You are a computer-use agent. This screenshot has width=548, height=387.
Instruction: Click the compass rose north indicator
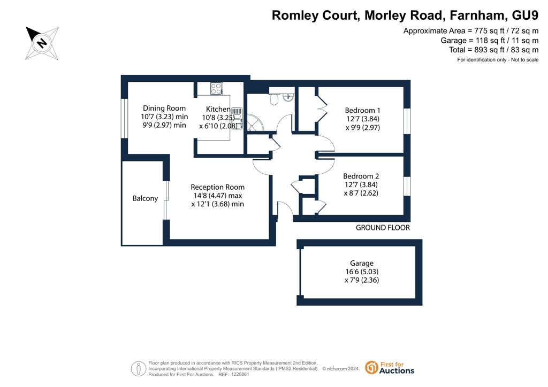(42, 43)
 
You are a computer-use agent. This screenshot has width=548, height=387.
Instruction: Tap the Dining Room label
(164, 108)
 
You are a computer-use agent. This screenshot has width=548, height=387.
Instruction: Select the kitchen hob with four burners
(216, 88)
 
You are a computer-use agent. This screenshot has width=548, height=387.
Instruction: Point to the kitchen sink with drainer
(237, 118)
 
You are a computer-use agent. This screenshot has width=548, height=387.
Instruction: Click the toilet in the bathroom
(274, 99)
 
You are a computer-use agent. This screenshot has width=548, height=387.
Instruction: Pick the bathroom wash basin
(288, 97)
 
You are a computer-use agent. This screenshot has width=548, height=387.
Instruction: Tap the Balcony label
(145, 198)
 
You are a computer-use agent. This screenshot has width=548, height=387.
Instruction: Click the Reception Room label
(217, 187)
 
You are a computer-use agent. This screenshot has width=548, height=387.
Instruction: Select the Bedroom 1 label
(362, 110)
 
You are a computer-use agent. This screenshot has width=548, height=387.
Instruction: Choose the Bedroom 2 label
(361, 176)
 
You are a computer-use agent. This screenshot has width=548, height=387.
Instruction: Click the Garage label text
(362, 263)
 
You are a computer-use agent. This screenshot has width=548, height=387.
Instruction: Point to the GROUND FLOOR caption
(383, 228)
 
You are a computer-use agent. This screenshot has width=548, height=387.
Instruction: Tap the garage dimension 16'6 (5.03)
(362, 272)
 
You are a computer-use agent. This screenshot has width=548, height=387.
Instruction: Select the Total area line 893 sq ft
(494, 50)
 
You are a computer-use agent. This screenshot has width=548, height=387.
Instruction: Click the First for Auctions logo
(390, 367)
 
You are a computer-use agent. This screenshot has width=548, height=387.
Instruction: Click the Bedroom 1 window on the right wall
(407, 121)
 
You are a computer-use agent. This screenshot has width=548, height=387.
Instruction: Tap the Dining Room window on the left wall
(124, 119)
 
